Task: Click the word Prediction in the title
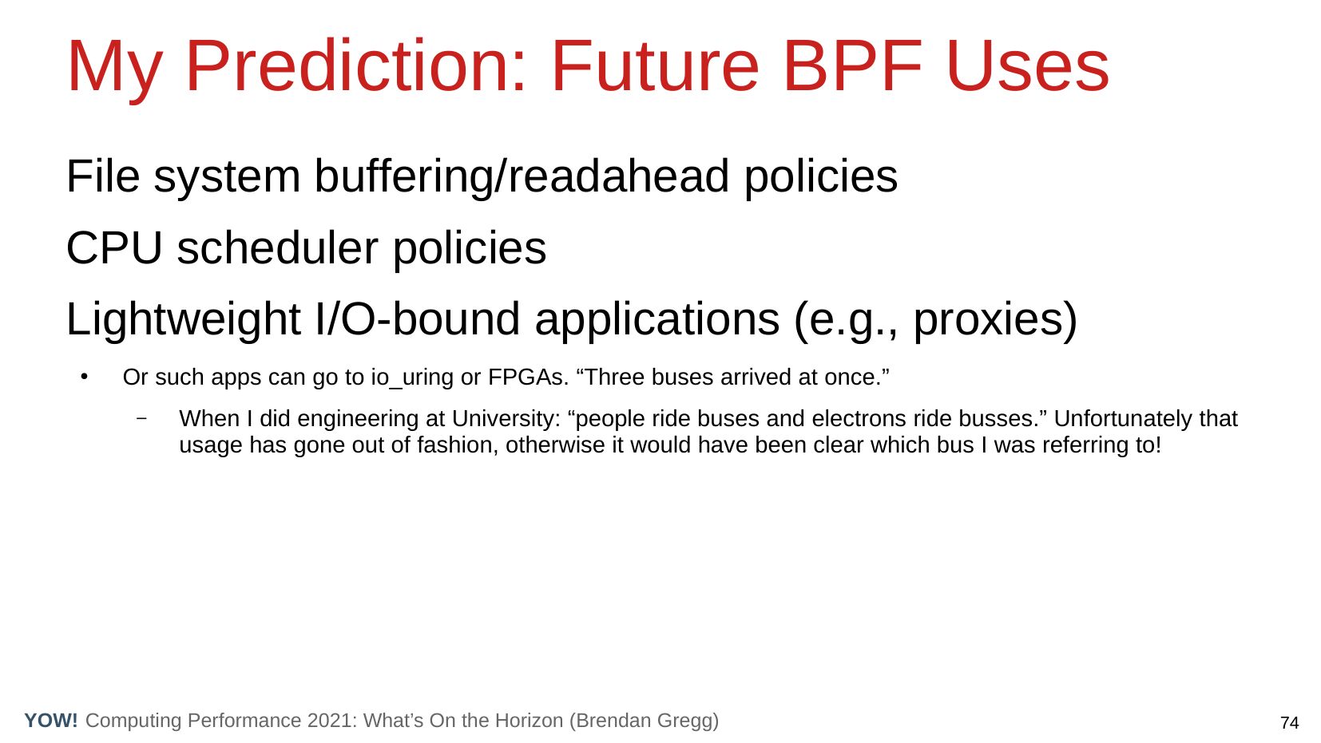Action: [355, 66]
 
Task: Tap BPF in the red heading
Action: [851, 66]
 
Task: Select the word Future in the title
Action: [655, 66]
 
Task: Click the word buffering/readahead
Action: [522, 176]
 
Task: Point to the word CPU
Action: [114, 248]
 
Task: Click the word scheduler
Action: [277, 248]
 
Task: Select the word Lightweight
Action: [184, 320]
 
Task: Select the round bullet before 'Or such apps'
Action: [85, 377]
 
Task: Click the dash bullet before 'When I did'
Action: [141, 419]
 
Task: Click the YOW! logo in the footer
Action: [51, 720]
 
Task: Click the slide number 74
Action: [1290, 722]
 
